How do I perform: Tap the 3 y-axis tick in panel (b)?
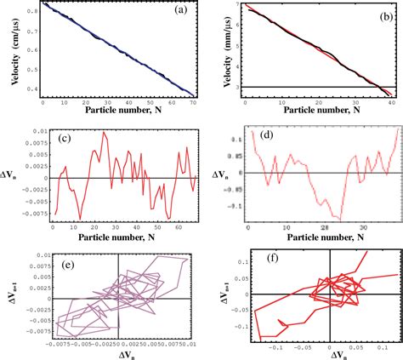[x=237, y=87]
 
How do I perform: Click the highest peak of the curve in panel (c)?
[x=105, y=132]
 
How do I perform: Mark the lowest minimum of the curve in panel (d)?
[x=341, y=220]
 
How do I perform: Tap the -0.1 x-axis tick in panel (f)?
[x=275, y=349]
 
